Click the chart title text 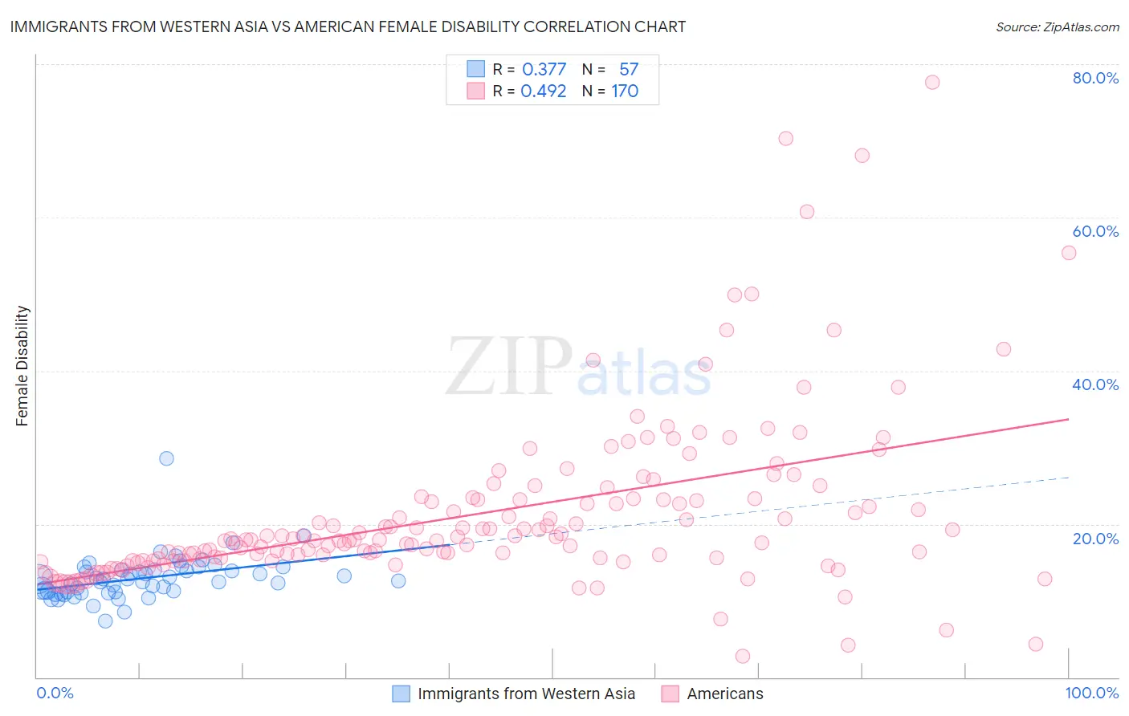coord(348,26)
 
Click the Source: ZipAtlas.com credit coord(1057,26)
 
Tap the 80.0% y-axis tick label coord(1095,78)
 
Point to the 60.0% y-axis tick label coord(1095,231)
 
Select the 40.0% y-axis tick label coord(1095,384)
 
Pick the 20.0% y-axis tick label coord(1095,539)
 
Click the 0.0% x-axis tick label coord(55,693)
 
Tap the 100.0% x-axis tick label coord(1091,693)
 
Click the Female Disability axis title coord(22,365)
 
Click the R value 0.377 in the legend coord(544,69)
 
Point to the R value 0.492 coord(544,91)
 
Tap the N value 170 coord(625,91)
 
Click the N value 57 coord(628,69)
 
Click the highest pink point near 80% coord(931,82)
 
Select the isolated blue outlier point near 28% coord(166,458)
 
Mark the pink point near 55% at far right coord(1068,253)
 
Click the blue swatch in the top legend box coord(476,69)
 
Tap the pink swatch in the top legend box coord(476,91)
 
